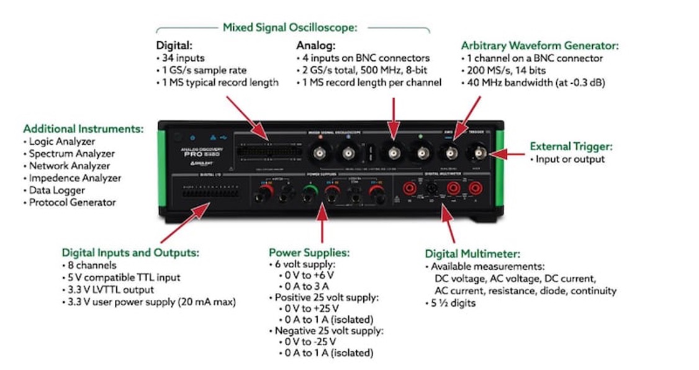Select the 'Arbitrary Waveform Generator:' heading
coord(539,46)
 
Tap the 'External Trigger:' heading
coord(570,147)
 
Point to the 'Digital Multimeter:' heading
coord(472,254)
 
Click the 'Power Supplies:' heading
coord(309,253)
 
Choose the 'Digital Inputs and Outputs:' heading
coord(130,253)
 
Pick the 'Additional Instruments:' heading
coord(83,129)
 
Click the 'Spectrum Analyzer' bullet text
coord(72,153)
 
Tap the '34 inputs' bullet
coord(181,58)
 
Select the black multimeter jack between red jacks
coord(431,189)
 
